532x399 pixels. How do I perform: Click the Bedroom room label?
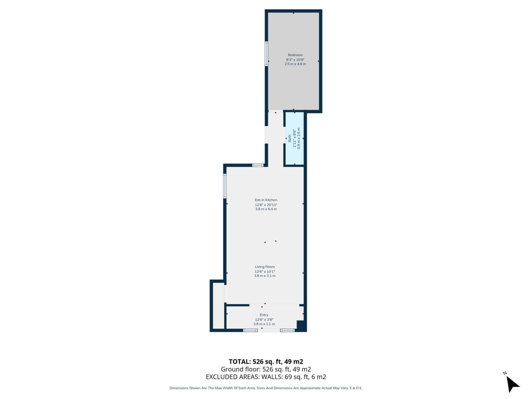click(x=295, y=55)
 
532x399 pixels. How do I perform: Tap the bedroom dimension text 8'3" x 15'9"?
click(x=295, y=60)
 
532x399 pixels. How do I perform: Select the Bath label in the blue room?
click(x=290, y=138)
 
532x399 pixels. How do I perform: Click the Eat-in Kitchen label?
click(x=266, y=200)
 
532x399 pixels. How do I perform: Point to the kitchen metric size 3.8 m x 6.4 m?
click(x=266, y=209)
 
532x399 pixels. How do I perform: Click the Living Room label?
click(x=265, y=267)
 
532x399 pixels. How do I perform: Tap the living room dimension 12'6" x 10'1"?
click(x=265, y=272)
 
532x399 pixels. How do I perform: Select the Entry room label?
click(x=264, y=315)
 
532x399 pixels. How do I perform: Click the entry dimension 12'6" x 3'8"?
click(x=264, y=319)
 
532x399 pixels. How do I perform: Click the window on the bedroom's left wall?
click(x=267, y=53)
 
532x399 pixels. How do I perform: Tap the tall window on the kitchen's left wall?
click(x=225, y=186)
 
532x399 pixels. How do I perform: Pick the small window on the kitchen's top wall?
click(x=258, y=165)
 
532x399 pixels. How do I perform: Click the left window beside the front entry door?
click(x=250, y=330)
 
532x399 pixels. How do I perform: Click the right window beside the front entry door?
click(x=287, y=330)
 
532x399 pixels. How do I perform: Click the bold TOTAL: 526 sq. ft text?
click(x=266, y=362)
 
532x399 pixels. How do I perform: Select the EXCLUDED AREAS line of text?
click(x=266, y=377)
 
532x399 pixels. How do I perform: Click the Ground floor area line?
click(x=266, y=369)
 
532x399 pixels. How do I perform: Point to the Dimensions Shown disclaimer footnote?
click(x=266, y=388)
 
